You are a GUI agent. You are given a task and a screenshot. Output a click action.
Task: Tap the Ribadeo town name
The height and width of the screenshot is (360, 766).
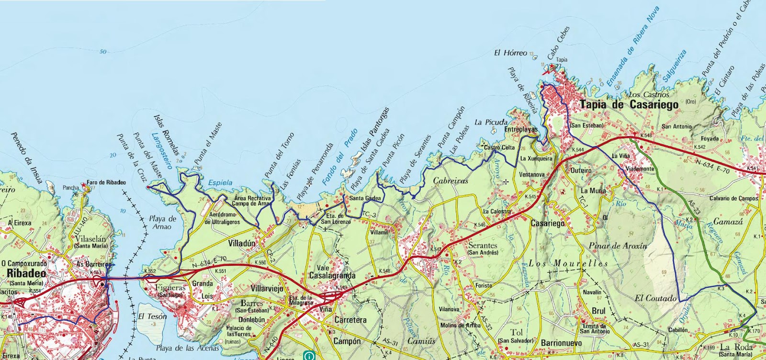pyautogui.click(x=27, y=273)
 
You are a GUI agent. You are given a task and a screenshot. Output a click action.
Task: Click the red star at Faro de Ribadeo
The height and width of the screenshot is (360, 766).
pyautogui.click(x=84, y=184)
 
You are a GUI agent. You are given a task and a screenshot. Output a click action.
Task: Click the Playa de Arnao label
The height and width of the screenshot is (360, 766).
pyautogui.click(x=162, y=223)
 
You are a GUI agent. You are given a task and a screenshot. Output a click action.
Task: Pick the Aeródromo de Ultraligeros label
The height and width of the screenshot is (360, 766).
pyautogui.click(x=222, y=219)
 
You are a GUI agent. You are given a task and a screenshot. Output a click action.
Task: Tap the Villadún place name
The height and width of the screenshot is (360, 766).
pyautogui.click(x=242, y=243)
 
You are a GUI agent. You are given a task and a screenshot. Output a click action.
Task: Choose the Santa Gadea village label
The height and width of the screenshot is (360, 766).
pyautogui.click(x=365, y=198)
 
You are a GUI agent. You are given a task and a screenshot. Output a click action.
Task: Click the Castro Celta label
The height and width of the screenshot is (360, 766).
pyautogui.click(x=499, y=147)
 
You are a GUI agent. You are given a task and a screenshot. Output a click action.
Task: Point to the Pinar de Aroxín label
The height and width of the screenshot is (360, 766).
pyautogui.click(x=618, y=246)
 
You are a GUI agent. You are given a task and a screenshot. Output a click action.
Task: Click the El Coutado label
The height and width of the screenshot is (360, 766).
pyautogui.click(x=655, y=298)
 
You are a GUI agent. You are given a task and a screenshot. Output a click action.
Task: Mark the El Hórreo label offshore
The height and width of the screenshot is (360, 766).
pyautogui.click(x=510, y=53)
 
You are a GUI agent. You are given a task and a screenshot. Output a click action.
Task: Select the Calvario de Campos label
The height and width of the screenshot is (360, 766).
pyautogui.click(x=733, y=198)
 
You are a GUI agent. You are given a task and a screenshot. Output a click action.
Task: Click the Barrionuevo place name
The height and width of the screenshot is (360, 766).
pyautogui.click(x=561, y=343)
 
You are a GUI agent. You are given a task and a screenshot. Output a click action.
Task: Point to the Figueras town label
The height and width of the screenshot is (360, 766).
pyautogui.click(x=170, y=288)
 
